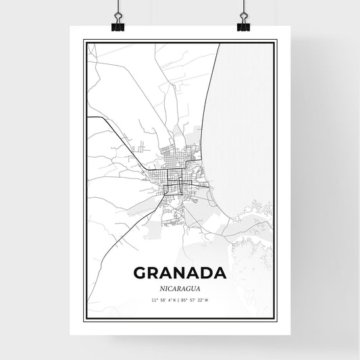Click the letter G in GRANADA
[x=141, y=273]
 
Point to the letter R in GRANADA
[x=157, y=273]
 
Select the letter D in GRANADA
[x=206, y=273]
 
